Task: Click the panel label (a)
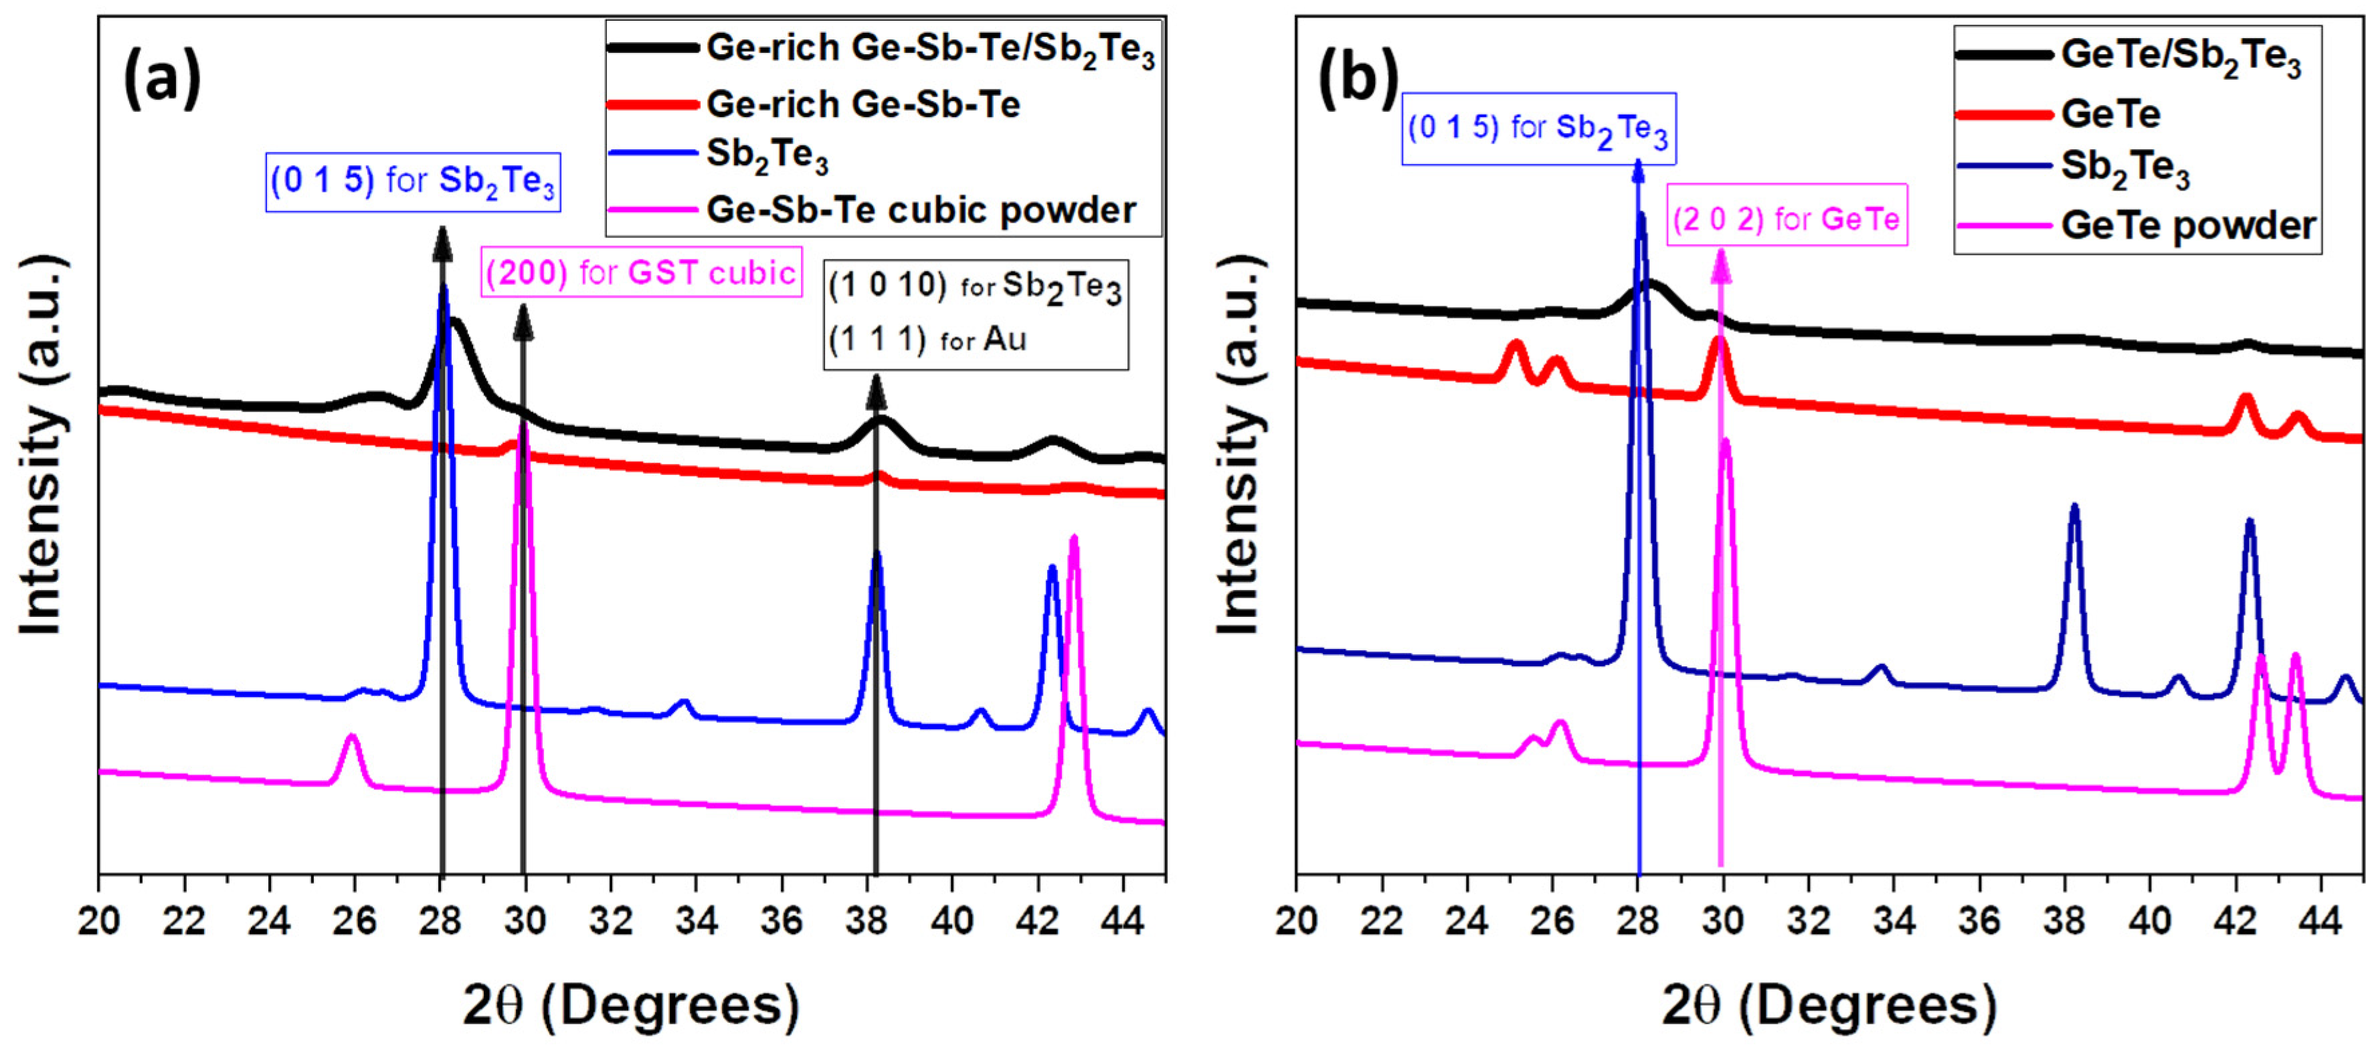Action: [x=162, y=80]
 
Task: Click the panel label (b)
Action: [x=1357, y=80]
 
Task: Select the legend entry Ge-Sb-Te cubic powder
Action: [x=920, y=211]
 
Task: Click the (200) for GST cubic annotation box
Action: [x=640, y=272]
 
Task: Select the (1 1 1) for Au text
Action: [x=927, y=340]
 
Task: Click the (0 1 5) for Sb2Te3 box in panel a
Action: [x=413, y=182]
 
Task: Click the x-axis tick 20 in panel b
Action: [x=1296, y=921]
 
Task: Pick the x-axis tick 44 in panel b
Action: [x=2320, y=921]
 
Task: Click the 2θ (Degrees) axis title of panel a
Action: [x=631, y=1006]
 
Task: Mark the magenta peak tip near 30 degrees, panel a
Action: [x=524, y=427]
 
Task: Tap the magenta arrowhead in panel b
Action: [x=1720, y=266]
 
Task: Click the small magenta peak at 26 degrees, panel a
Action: [x=350, y=737]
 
